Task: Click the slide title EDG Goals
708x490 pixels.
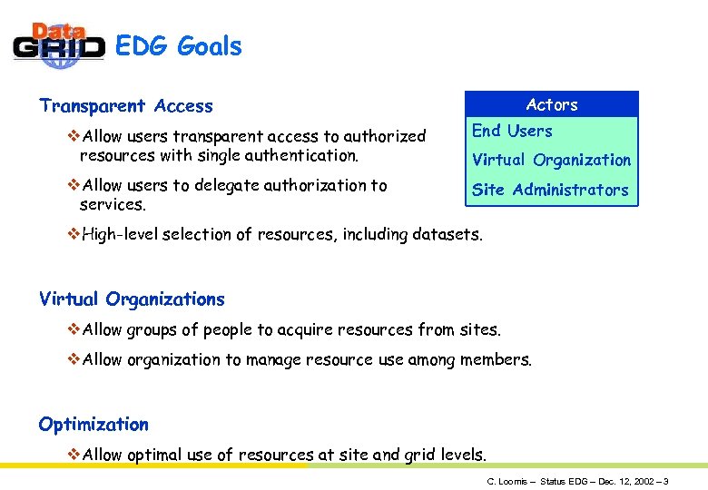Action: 179,46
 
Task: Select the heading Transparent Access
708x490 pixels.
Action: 126,106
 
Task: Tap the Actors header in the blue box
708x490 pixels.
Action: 552,104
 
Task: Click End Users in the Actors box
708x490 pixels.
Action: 512,131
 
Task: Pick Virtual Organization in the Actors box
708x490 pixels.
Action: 551,160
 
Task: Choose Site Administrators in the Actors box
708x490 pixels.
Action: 550,190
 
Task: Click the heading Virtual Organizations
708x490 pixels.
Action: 132,299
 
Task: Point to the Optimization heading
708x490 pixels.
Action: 93,424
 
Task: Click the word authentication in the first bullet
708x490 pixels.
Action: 293,155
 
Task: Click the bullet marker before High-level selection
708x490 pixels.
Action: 74,234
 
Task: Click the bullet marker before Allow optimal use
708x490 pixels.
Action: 74,454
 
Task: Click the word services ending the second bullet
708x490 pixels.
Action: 112,205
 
